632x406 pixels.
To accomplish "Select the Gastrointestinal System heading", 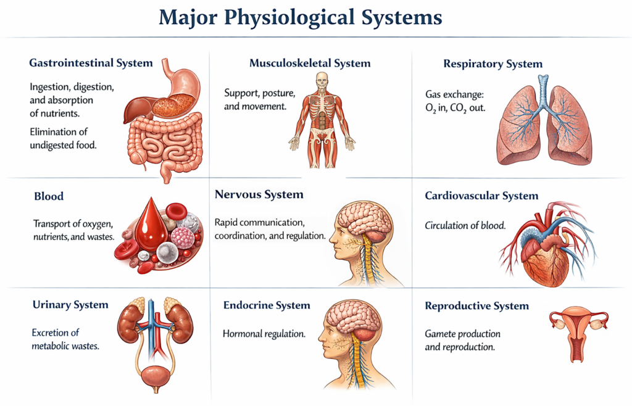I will (x=91, y=63).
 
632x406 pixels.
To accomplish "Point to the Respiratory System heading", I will (x=493, y=64).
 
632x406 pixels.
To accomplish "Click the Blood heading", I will (x=49, y=197).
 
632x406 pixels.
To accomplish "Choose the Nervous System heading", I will (x=259, y=194).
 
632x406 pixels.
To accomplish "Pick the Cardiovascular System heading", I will (x=481, y=196).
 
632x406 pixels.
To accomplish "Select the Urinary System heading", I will (x=70, y=305).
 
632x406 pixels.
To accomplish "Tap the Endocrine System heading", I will (x=267, y=305).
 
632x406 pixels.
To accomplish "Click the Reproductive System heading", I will (x=476, y=306).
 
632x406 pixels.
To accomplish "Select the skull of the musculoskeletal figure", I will (x=322, y=80).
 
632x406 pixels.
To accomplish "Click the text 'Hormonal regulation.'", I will (x=264, y=334).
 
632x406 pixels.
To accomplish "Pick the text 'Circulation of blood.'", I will (x=465, y=225).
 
